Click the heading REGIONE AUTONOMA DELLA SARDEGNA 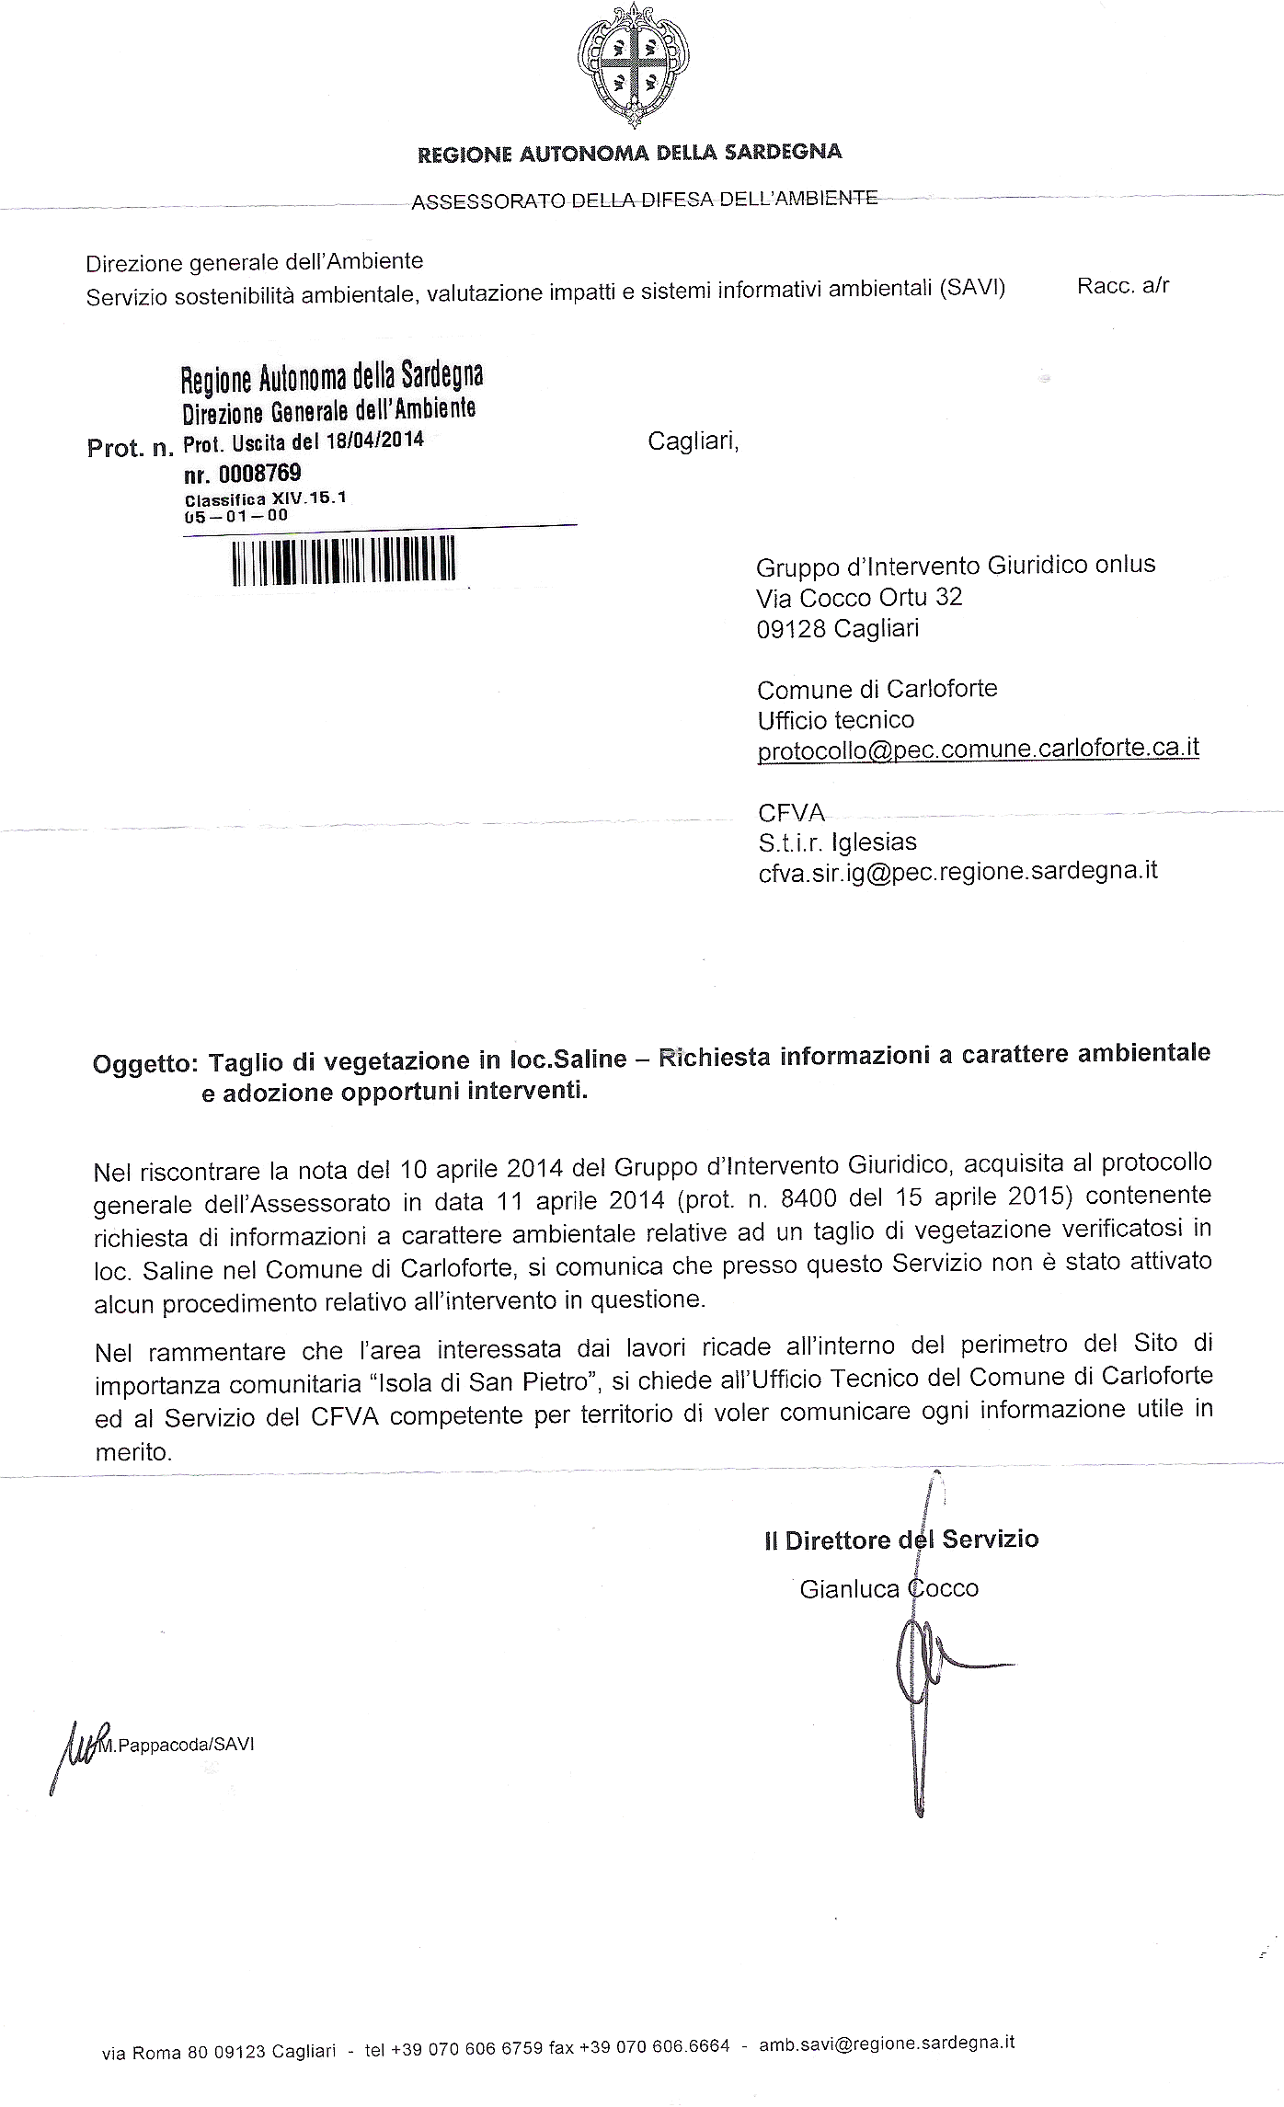630,153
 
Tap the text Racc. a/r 1122,286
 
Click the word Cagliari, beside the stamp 693,441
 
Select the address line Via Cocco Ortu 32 859,598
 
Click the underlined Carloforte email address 978,750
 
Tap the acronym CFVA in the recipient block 791,813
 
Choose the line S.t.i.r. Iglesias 837,842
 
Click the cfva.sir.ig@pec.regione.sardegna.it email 957,871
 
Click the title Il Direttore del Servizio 900,1540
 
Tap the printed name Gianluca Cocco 888,1588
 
